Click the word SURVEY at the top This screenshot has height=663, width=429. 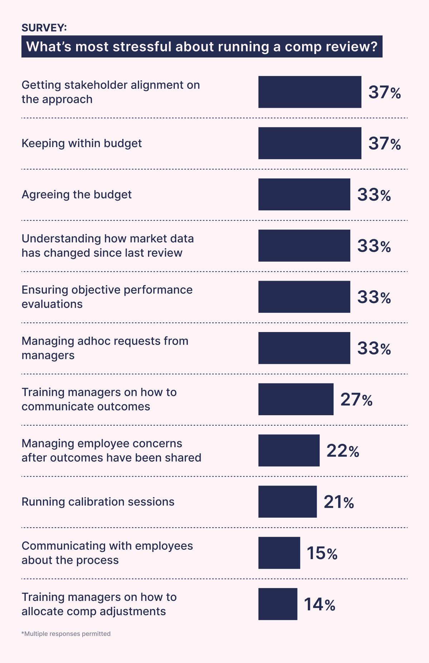click(44, 28)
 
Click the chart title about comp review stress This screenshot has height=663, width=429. click(202, 46)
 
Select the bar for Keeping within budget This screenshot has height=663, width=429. click(310, 143)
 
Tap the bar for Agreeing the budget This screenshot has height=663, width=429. click(304, 194)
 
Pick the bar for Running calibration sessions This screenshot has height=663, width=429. click(287, 502)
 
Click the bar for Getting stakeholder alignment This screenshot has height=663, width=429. click(310, 92)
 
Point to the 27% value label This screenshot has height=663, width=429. click(356, 400)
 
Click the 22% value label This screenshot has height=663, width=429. click(342, 451)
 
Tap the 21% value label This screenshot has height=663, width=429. click(339, 502)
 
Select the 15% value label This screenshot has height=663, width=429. click(322, 553)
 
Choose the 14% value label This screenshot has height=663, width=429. click(319, 604)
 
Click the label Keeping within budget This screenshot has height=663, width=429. click(82, 143)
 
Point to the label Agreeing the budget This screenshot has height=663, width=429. click(77, 195)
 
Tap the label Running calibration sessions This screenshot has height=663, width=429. click(98, 502)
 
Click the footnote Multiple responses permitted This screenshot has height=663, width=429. click(66, 634)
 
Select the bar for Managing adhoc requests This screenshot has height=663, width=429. click(304, 348)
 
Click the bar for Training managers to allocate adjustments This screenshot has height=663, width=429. click(278, 604)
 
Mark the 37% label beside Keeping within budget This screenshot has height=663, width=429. click(385, 144)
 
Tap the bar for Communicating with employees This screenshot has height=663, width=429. click(279, 553)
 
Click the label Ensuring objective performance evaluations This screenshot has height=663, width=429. click(107, 297)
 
